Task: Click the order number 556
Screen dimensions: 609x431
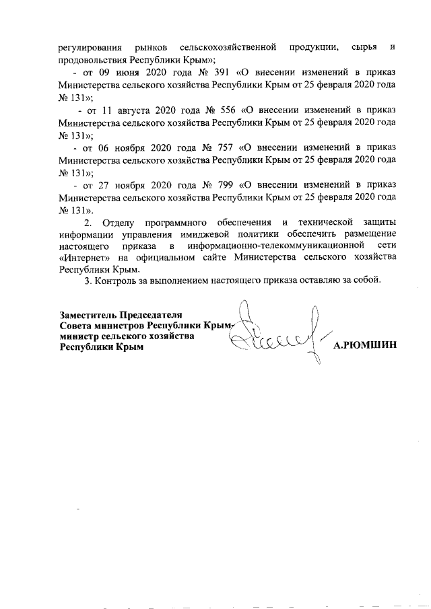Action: point(227,109)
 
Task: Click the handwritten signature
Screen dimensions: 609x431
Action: point(276,333)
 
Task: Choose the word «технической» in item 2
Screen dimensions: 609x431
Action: point(325,223)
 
